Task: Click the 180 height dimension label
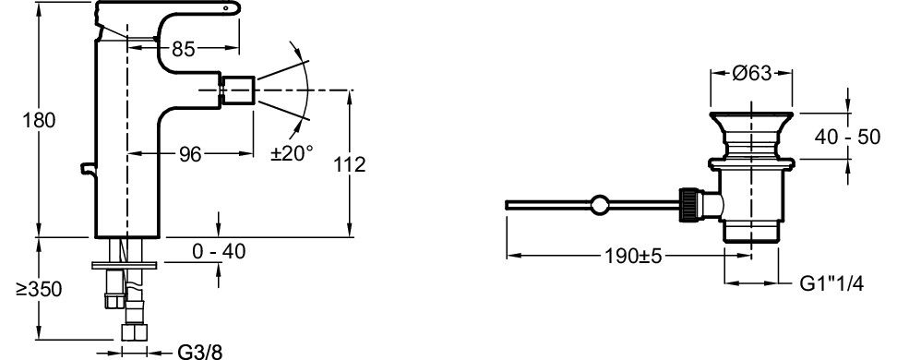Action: [39, 121]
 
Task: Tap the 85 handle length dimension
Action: [184, 50]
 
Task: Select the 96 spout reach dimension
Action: [190, 154]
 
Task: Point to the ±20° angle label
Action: [292, 153]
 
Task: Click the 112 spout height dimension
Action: [349, 165]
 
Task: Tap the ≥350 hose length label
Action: [39, 290]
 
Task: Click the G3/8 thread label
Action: [200, 352]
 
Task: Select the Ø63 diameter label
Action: [752, 73]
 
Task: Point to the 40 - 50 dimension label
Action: [848, 138]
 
